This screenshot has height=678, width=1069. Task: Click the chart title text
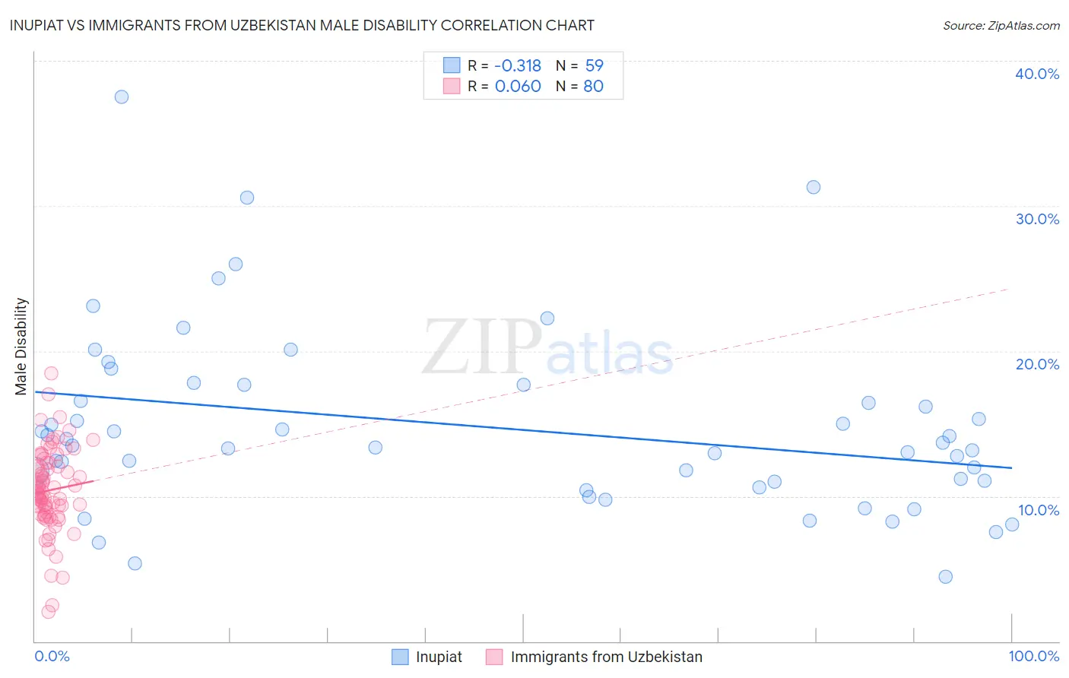tap(302, 25)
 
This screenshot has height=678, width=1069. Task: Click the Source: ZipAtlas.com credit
tap(1001, 25)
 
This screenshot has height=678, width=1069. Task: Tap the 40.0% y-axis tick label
tap(1036, 74)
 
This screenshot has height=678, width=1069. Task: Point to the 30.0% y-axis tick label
tap(1036, 219)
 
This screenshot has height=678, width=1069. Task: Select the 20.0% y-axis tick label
tap(1036, 364)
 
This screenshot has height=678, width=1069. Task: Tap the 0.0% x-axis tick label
tap(52, 656)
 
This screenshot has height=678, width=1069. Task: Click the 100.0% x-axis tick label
tap(1033, 656)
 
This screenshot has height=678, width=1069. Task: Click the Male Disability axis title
tap(21, 346)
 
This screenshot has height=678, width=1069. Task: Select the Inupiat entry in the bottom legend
tap(439, 657)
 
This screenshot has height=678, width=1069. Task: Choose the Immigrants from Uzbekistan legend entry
tap(606, 657)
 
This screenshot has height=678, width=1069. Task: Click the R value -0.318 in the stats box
tap(517, 66)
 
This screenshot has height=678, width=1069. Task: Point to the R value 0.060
tap(517, 87)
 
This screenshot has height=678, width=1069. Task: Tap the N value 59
tap(594, 66)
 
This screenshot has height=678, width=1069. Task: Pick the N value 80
tap(594, 87)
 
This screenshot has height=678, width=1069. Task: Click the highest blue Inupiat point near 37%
tap(122, 97)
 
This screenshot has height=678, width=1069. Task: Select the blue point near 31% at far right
tap(814, 187)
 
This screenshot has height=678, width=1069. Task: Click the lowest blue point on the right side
tap(945, 576)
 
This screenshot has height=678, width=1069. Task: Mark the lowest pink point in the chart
tap(48, 611)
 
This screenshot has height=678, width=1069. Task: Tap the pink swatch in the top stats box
tap(452, 87)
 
